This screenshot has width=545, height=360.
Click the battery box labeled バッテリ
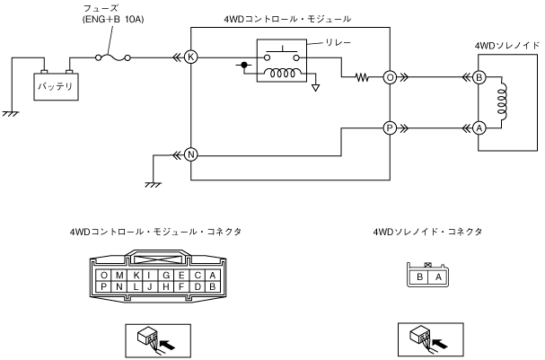[x=56, y=86]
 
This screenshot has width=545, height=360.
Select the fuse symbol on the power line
[x=113, y=57]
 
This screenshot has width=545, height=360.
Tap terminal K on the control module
[x=190, y=57]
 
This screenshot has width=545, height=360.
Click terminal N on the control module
[x=190, y=154]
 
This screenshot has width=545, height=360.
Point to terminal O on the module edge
[x=390, y=77]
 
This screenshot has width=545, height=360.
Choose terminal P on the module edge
[x=390, y=128]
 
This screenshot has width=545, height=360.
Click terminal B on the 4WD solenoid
[x=479, y=77]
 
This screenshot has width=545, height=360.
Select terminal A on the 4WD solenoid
[x=479, y=128]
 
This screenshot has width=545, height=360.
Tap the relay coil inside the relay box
[x=283, y=73]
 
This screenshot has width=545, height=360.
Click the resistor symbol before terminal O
[x=362, y=77]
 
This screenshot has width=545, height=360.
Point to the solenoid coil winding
[x=502, y=101]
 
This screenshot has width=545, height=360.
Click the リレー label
[x=338, y=43]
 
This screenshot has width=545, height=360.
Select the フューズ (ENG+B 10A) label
[x=113, y=13]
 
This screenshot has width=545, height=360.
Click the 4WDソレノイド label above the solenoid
[x=507, y=46]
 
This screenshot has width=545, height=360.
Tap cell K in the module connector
[x=136, y=276]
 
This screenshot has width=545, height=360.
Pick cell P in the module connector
[x=103, y=286]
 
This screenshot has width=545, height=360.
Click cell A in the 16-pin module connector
[x=213, y=276]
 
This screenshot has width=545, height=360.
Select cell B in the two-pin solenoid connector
[x=419, y=277]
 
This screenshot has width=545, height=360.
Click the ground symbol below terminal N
[x=153, y=184]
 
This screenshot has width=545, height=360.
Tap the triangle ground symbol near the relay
[x=316, y=88]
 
